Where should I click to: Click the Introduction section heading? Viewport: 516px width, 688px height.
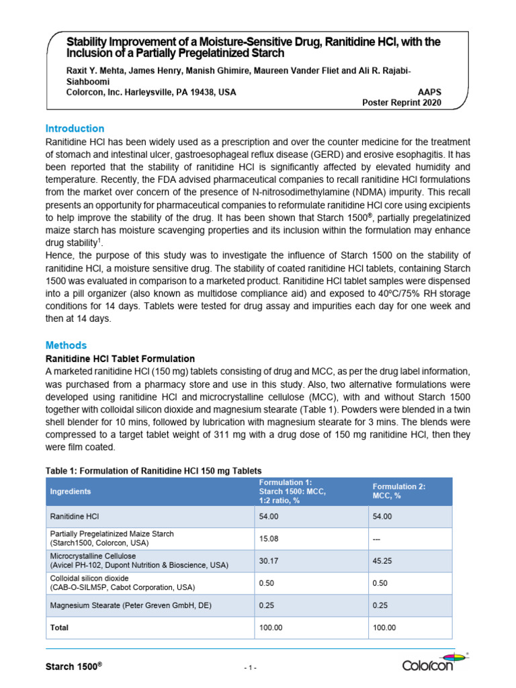tap(75, 128)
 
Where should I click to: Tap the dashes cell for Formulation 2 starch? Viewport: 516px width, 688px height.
tap(378, 538)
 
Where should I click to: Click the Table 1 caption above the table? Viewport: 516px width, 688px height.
tap(153, 470)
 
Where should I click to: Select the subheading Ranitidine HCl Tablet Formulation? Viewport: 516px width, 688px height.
tap(120, 359)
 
